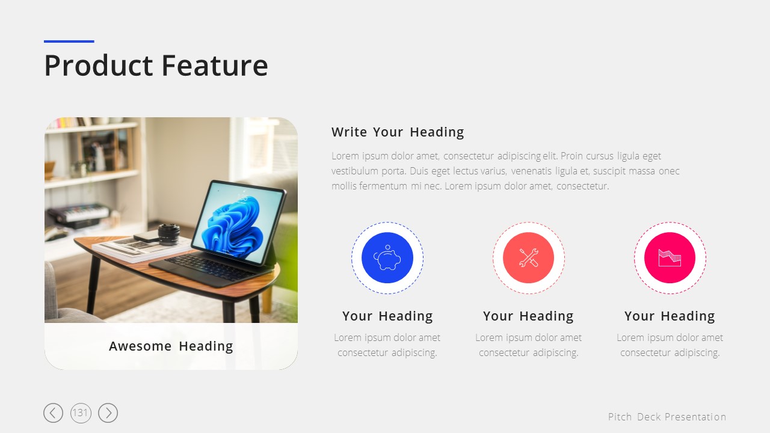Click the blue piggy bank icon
click(387, 258)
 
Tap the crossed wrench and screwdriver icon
click(529, 258)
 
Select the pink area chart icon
click(670, 258)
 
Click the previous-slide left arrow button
click(54, 413)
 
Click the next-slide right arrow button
click(108, 413)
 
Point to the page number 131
click(81, 413)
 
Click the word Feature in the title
click(215, 66)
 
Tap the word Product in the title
click(98, 66)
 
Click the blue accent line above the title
click(69, 41)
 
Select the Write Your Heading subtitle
click(398, 132)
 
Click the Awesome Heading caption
click(171, 346)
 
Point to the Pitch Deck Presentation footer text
click(667, 417)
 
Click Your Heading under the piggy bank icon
click(387, 316)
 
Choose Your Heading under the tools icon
click(528, 316)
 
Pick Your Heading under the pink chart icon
click(670, 316)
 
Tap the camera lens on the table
click(169, 234)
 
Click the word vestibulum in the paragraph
click(354, 171)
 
